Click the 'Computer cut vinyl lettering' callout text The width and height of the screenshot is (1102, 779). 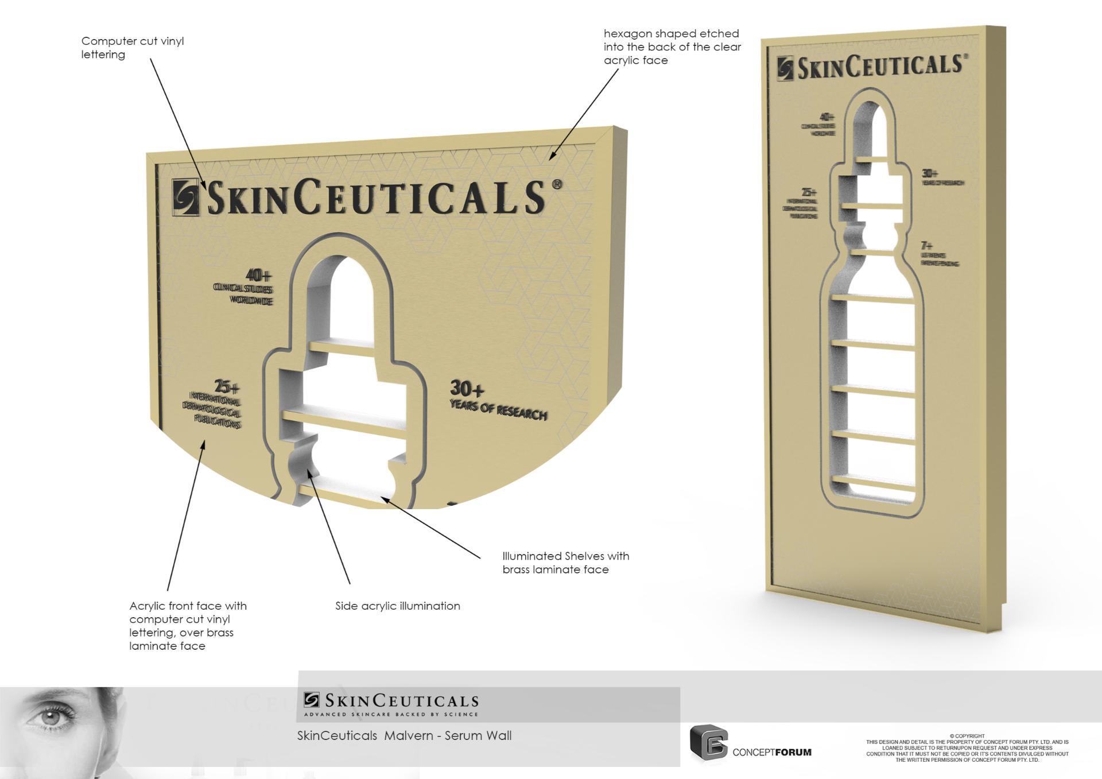click(132, 48)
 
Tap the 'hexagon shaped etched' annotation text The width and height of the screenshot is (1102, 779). click(672, 46)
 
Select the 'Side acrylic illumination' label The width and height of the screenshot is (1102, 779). click(397, 606)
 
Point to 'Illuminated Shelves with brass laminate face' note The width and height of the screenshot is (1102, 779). click(565, 563)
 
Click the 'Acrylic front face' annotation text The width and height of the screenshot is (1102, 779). click(188, 625)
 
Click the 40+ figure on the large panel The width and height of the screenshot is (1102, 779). click(258, 276)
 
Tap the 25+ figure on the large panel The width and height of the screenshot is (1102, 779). click(227, 387)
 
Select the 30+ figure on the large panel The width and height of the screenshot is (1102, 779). click(467, 389)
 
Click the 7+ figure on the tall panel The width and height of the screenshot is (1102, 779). click(926, 246)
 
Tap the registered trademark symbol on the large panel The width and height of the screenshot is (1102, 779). click(556, 185)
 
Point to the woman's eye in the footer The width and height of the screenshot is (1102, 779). click(52, 717)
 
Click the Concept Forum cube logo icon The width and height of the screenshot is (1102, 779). click(708, 743)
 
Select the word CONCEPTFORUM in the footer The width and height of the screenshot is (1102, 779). click(772, 752)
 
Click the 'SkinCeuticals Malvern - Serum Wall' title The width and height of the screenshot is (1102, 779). click(404, 736)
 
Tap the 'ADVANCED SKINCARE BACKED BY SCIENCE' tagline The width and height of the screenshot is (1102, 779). click(391, 715)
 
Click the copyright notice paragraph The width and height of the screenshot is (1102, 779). click(967, 748)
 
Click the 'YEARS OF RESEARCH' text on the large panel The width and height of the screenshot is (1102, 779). click(498, 411)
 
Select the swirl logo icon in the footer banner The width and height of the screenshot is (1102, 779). click(312, 700)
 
